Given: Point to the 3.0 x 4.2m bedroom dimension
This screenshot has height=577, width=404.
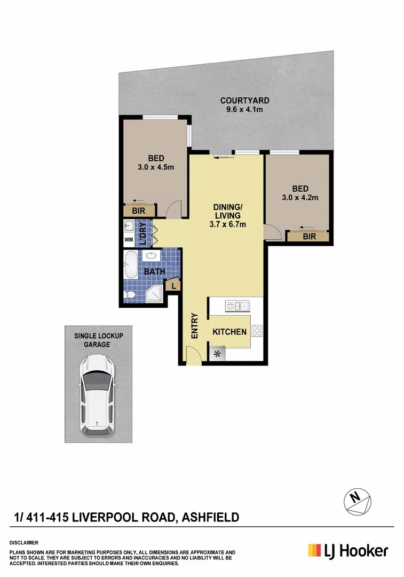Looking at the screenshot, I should pos(299,198).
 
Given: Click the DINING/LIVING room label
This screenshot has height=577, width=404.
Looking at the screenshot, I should pos(227,211).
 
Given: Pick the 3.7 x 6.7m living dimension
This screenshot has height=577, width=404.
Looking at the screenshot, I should pos(227,224).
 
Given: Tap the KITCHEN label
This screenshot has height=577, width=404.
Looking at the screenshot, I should pos(229,332).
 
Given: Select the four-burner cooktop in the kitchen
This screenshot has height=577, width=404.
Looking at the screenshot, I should pos(257,331).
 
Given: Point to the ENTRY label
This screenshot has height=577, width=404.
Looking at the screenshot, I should pos(194,325).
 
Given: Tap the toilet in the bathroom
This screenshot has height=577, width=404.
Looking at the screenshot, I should pos(130,294).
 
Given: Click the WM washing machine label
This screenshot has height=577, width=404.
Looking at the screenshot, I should pos(129,240).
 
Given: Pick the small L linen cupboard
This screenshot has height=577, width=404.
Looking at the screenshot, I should pos(172,287).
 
